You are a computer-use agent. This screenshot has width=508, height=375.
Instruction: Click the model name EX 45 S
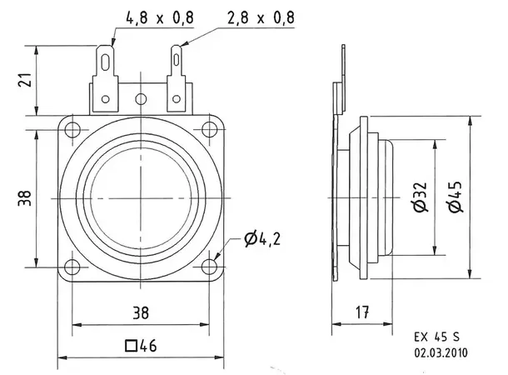pyautogui.click(x=435, y=337)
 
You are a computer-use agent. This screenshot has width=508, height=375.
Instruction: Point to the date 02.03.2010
pyautogui.click(x=441, y=352)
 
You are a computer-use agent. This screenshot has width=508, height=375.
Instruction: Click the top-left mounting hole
pyautogui.click(x=73, y=129)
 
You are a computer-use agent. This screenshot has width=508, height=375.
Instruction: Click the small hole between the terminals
pyautogui.click(x=141, y=97)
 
